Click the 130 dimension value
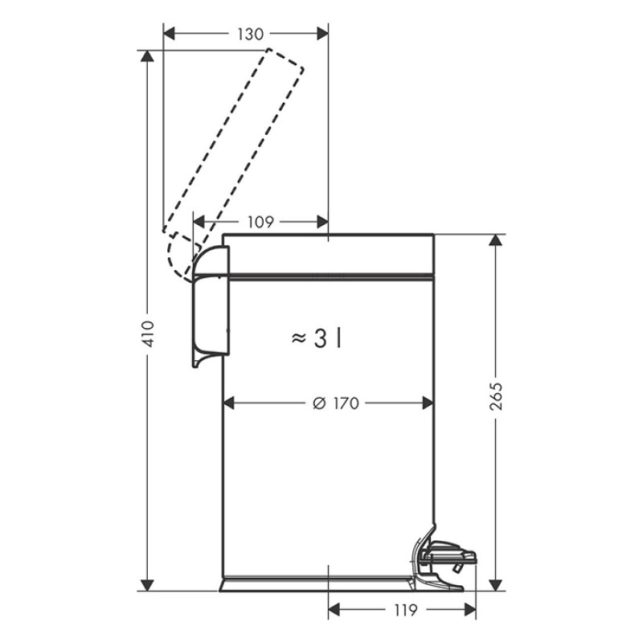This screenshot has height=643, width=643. coord(250,34)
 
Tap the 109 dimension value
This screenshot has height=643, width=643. coord(259,222)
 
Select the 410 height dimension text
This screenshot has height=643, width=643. coord(148,332)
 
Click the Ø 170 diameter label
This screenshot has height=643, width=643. coord(335,403)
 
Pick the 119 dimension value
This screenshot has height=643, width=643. coord(405,611)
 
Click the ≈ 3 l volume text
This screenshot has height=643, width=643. coord(317,339)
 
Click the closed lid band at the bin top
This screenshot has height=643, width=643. coord(328,255)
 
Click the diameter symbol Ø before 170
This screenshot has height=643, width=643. coord(318,403)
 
